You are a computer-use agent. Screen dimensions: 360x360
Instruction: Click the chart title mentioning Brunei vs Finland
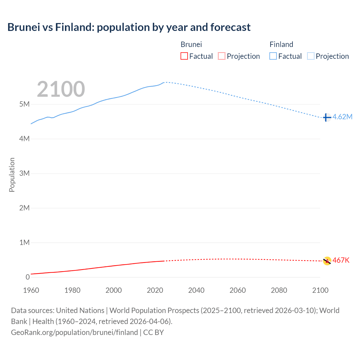pos(129,27)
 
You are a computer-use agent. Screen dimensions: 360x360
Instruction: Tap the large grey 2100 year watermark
pos(61,89)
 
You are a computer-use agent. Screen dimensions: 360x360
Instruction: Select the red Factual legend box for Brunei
pos(184,56)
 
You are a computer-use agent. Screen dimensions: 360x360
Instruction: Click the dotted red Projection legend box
pos(222,56)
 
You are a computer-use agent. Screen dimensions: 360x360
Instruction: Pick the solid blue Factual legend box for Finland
pos(273,56)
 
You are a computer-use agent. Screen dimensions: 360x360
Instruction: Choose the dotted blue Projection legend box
pos(311,56)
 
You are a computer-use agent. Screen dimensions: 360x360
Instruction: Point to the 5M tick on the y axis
pos(24,104)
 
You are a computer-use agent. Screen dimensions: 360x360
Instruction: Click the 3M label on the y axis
pos(24,173)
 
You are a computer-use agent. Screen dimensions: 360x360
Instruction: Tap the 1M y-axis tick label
pos(24,242)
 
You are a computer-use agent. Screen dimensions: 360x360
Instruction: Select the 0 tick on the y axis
pos(28,277)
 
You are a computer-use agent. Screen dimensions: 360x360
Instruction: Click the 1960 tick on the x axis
pos(31,290)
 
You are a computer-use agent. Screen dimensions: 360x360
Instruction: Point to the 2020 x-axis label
pos(155,290)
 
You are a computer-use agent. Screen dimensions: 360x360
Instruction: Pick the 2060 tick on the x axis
pos(238,290)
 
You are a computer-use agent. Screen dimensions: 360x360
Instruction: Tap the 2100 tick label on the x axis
pos(320,290)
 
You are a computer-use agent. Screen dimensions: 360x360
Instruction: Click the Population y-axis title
pos(12,175)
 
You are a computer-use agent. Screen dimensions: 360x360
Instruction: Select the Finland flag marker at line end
pos(327,117)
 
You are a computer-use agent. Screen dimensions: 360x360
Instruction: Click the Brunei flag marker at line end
pos(327,261)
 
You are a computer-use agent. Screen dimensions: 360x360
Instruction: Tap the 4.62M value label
pos(342,117)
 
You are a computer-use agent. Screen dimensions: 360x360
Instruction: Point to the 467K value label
pos(341,260)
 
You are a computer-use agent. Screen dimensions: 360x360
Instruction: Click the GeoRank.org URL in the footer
pos(75,332)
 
